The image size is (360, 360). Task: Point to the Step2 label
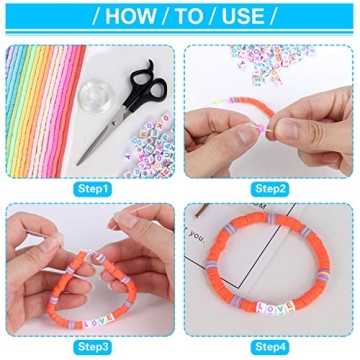click(270, 186)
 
